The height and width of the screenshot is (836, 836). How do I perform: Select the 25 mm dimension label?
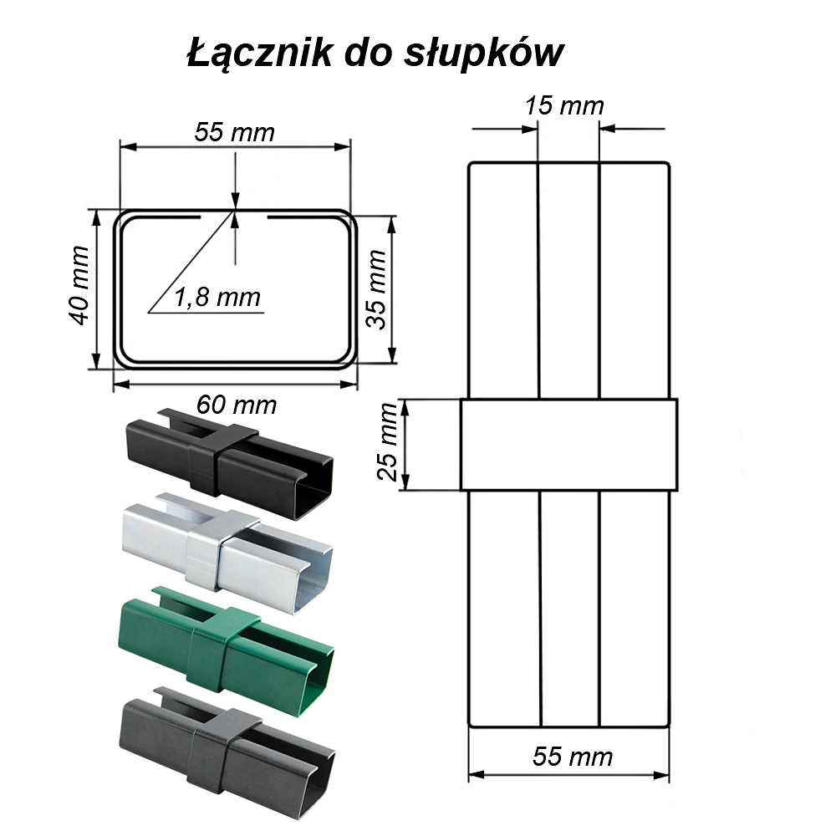click(x=388, y=443)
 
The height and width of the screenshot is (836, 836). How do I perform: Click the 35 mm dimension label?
click(x=377, y=289)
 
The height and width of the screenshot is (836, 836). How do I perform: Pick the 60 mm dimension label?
click(x=237, y=405)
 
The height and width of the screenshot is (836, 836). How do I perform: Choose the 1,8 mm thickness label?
click(x=217, y=297)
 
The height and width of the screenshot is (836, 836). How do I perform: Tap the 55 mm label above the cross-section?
click(x=234, y=132)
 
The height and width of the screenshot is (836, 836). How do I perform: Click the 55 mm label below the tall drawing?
click(x=573, y=757)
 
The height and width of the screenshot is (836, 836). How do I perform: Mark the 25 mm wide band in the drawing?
click(x=569, y=444)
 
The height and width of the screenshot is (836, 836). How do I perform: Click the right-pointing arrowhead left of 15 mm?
click(x=530, y=129)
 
